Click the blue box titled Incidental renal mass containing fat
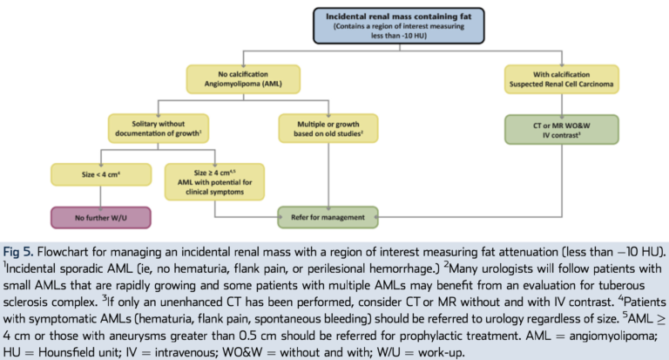point(399,25)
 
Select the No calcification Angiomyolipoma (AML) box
point(243,79)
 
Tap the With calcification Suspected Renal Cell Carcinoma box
point(562,79)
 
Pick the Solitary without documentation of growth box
point(159,128)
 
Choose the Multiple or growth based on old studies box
point(328,128)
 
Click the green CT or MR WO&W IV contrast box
point(562,129)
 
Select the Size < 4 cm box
point(101,174)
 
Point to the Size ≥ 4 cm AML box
point(214,182)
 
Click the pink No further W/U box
point(101,218)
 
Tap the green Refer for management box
point(328,217)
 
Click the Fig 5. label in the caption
point(18,252)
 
